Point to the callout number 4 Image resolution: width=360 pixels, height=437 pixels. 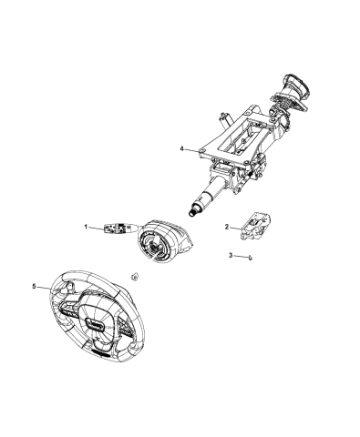click(x=181, y=148)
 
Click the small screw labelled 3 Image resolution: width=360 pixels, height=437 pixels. click(x=249, y=259)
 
